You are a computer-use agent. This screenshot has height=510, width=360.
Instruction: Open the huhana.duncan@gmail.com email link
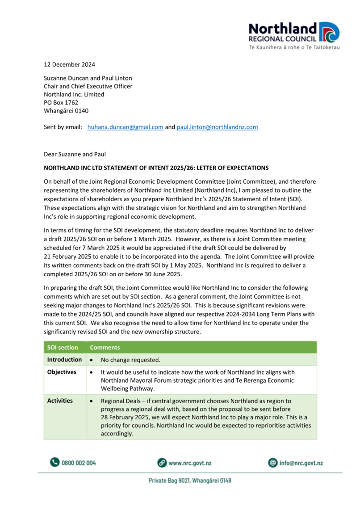125,127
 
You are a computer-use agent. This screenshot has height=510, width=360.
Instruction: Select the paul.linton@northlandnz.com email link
218,127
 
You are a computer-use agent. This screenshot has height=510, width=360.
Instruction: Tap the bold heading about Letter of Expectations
156,168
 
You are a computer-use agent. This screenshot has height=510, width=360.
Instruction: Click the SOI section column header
63,347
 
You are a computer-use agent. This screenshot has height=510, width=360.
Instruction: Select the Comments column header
105,347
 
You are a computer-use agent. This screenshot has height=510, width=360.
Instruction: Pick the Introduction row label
64,359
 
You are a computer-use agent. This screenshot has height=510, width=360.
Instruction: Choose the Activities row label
60,400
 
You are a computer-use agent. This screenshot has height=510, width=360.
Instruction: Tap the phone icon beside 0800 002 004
54,463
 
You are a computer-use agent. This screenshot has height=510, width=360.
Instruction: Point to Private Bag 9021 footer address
190,481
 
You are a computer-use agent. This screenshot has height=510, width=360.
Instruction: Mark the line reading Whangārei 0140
69,110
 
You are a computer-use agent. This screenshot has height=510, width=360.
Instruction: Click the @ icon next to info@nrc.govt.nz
272,463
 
